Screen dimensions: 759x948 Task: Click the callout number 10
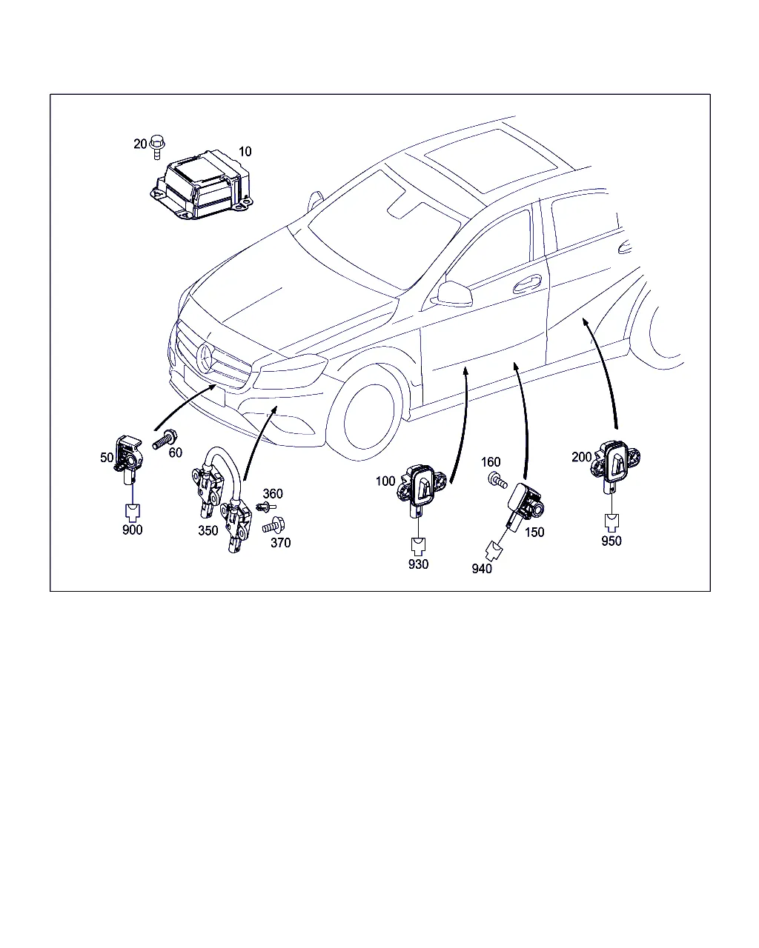245,152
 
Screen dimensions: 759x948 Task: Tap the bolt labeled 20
157,147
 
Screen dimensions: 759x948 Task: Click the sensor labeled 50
129,459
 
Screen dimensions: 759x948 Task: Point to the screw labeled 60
165,439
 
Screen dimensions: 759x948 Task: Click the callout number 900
133,530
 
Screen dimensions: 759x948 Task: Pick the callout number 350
208,530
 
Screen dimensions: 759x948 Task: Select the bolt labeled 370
274,525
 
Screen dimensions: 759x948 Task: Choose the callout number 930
418,564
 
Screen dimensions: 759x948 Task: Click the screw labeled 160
497,480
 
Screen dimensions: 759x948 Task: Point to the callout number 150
534,533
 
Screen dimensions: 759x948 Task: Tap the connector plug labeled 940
494,552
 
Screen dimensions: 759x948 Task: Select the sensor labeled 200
616,463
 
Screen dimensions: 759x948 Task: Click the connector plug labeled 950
611,522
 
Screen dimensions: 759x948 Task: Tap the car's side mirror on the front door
451,293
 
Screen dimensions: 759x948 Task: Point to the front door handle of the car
526,284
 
